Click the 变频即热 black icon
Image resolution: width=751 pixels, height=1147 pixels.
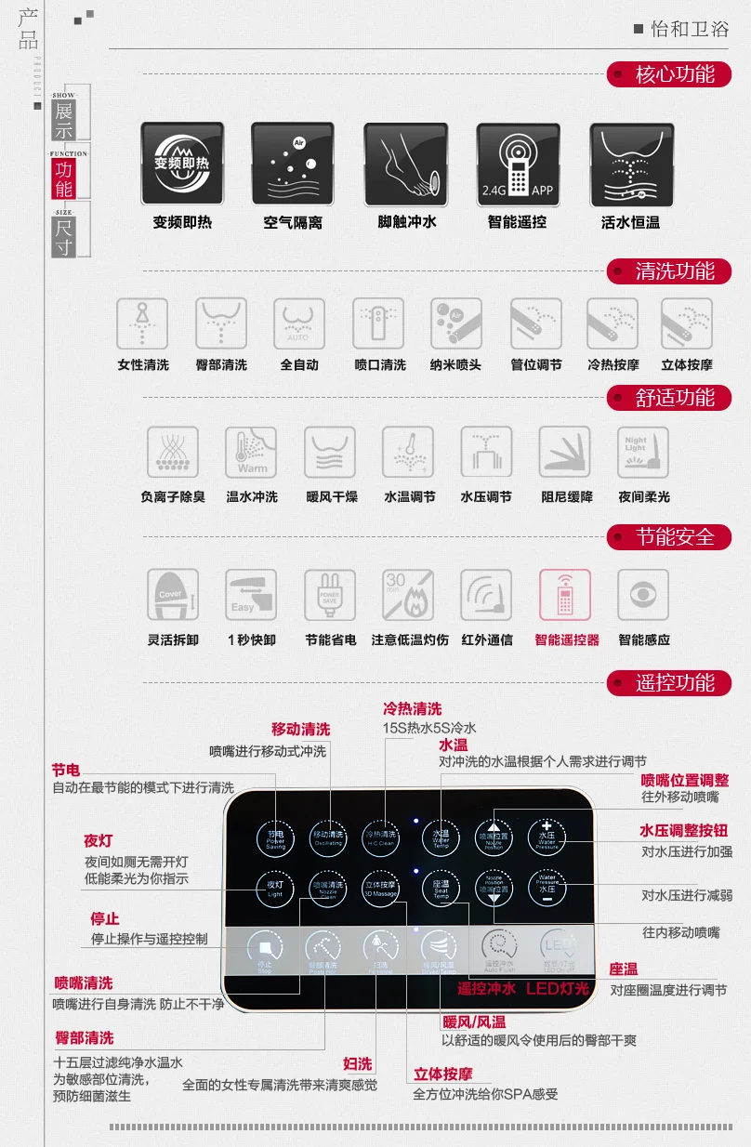coord(183,164)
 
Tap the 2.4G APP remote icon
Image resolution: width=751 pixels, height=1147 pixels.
coord(518,164)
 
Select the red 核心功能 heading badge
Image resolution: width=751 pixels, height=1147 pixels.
coord(669,73)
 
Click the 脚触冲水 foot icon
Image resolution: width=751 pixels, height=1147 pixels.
coord(406,164)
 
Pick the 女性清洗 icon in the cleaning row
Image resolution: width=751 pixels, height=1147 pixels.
coord(142,323)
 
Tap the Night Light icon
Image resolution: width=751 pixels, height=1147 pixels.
coord(643,453)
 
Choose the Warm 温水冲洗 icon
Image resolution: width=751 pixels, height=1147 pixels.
coord(251,453)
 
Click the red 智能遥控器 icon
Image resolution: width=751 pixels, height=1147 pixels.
coord(565,595)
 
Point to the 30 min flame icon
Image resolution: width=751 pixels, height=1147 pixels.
coord(408,595)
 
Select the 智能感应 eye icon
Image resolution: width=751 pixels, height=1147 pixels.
coord(643,595)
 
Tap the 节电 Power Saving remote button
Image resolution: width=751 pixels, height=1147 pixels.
coord(275,836)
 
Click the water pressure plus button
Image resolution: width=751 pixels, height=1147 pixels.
coord(547,836)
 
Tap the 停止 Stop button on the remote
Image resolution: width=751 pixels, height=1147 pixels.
coord(265,950)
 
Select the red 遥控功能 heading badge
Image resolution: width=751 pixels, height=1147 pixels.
coord(669,683)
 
